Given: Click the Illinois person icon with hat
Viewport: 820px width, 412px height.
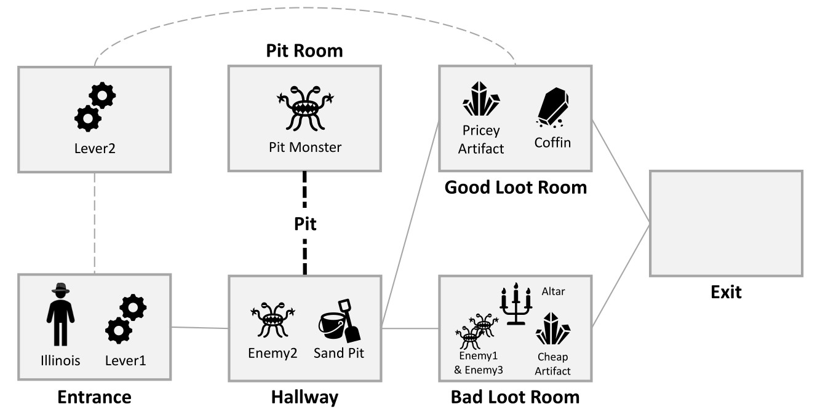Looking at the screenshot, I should (x=60, y=315).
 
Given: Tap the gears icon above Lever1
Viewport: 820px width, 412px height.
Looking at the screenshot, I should (x=126, y=320).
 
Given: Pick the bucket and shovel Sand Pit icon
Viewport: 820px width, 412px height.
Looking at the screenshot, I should (x=339, y=320).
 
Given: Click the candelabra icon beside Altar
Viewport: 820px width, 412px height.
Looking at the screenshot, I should (x=515, y=304).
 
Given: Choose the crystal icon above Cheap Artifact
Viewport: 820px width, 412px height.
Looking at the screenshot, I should (x=552, y=328).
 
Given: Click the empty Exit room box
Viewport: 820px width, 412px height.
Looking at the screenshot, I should (x=726, y=224).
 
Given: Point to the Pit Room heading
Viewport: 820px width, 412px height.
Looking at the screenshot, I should (x=305, y=50).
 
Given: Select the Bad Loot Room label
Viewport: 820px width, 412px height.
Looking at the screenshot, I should (x=515, y=397).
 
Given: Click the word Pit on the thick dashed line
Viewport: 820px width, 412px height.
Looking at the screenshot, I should (x=305, y=224).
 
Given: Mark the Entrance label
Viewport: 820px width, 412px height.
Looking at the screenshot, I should (x=94, y=397).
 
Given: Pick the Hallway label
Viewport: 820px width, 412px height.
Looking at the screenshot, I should (x=305, y=397).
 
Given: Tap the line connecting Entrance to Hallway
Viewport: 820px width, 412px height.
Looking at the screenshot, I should (x=200, y=328).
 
